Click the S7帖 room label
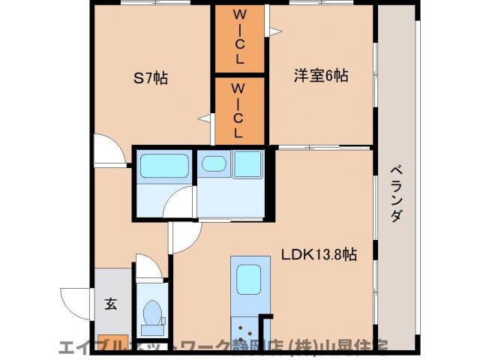coord(150,76)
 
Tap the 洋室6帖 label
coord(320,76)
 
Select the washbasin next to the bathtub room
coord(214,164)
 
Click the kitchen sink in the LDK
coord(248,280)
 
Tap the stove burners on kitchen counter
coord(243,329)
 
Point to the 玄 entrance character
coord(110,304)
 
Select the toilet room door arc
coord(148,268)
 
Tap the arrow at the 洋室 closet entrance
coord(274,31)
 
